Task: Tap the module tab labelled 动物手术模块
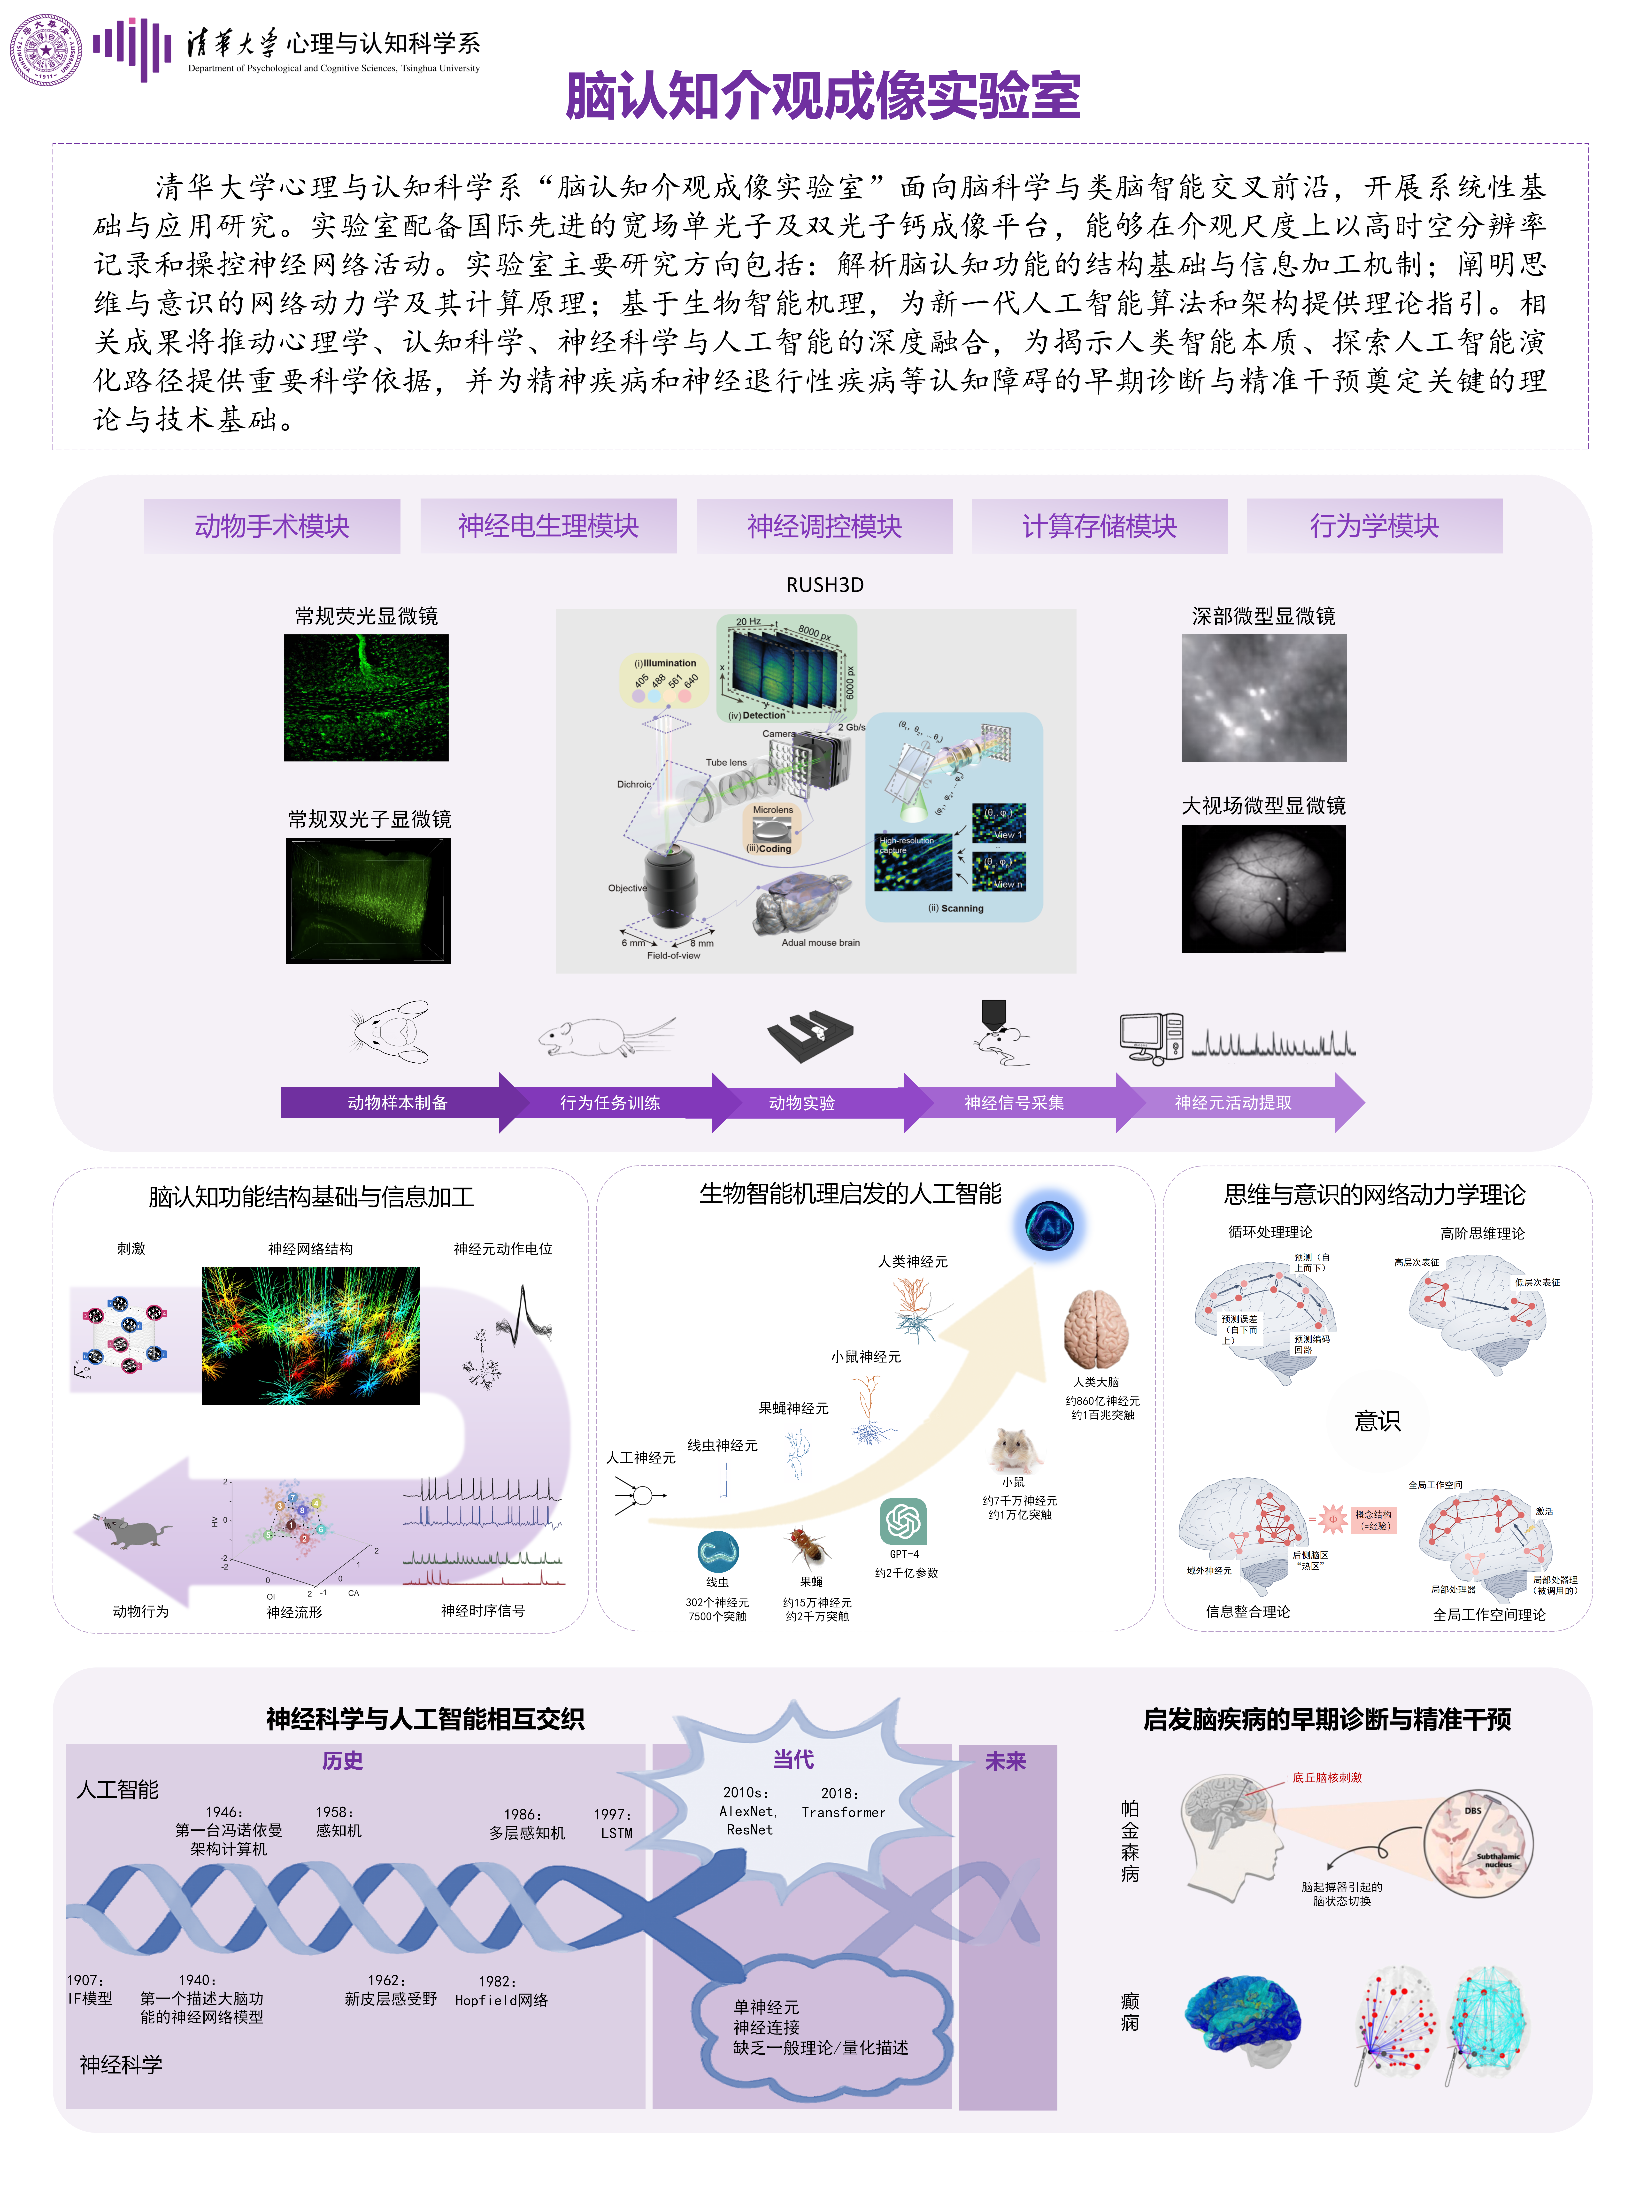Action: (x=272, y=526)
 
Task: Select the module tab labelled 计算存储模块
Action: (x=1099, y=526)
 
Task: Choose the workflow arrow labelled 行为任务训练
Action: (x=609, y=1102)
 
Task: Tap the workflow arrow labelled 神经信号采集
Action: (x=1014, y=1102)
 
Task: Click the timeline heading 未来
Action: (x=1005, y=1761)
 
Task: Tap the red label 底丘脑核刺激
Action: (x=1326, y=1777)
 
